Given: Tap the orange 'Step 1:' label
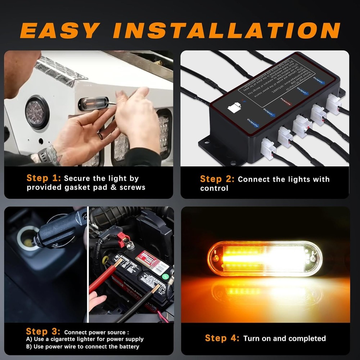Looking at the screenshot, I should point(44,178).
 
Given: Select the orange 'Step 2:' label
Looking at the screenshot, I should point(217,179).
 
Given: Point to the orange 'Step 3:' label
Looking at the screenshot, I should point(43,331).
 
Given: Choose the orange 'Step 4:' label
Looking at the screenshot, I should point(222,338).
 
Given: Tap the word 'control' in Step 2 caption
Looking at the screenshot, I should point(214,188).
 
